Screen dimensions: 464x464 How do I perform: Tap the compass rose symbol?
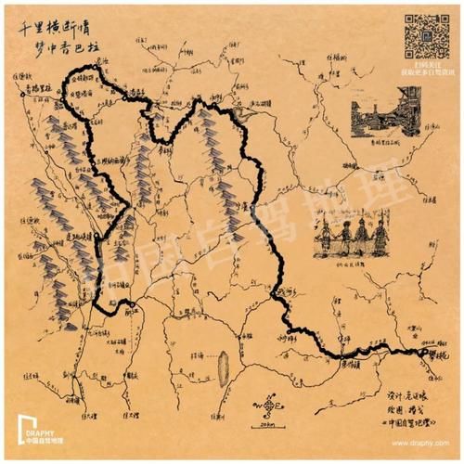point(270,406)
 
